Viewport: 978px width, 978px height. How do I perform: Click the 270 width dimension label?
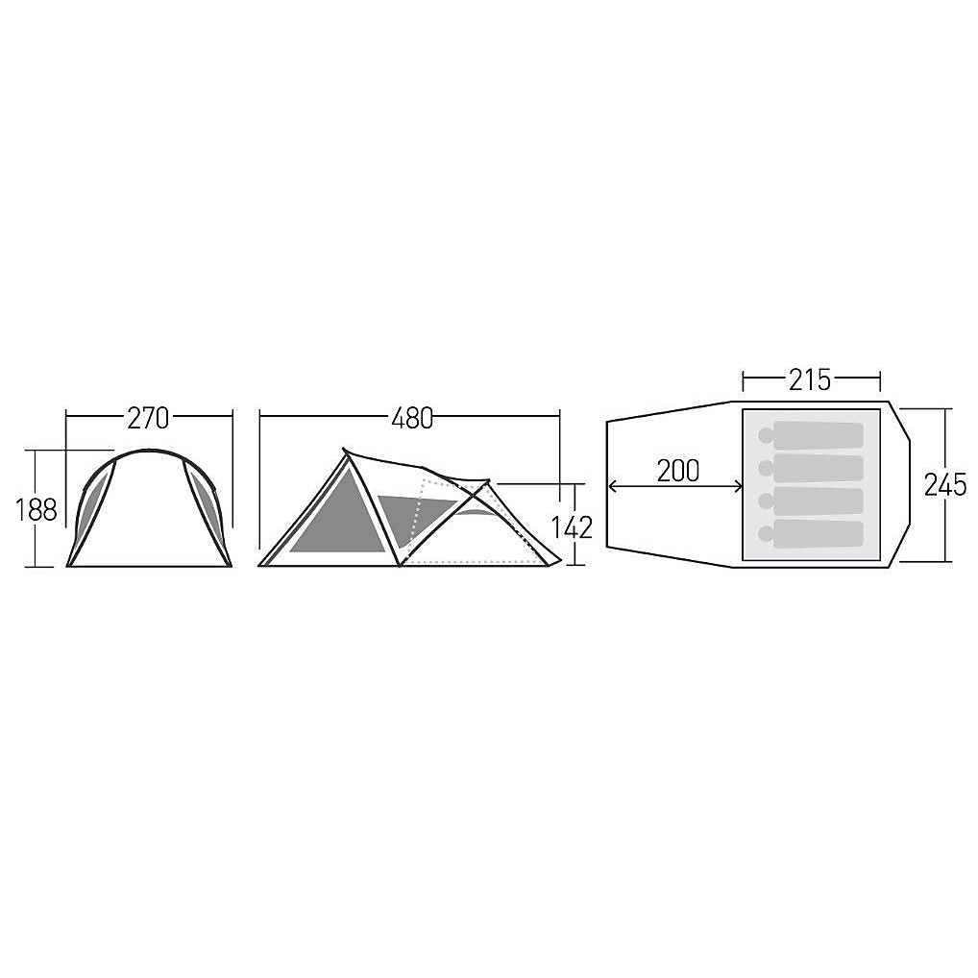[x=149, y=419]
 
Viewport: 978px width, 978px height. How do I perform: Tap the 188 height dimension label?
[x=37, y=510]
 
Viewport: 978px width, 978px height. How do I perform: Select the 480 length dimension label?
[x=412, y=419]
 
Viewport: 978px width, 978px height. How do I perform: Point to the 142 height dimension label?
[x=572, y=528]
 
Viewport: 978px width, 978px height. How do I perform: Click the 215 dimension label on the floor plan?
[x=810, y=379]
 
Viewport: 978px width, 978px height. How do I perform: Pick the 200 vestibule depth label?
[x=678, y=471]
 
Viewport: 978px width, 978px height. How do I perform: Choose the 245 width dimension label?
[x=945, y=484]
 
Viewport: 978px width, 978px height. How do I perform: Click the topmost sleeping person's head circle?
[x=766, y=435]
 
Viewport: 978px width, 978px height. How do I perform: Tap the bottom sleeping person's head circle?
[x=766, y=534]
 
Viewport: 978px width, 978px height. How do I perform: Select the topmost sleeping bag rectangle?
[x=819, y=435]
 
